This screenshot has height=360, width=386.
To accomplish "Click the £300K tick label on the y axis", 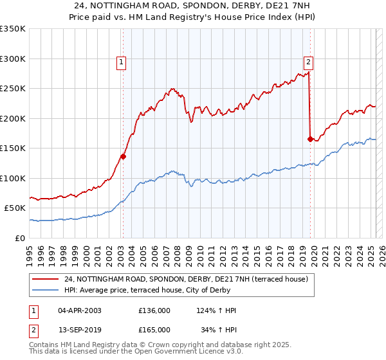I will click(13, 59).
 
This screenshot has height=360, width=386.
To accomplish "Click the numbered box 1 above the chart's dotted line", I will click(122, 62).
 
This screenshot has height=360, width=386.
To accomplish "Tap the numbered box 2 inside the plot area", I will click(309, 62).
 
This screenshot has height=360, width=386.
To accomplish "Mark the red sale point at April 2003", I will click(124, 156).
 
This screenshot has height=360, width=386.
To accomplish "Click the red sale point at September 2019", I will click(310, 139).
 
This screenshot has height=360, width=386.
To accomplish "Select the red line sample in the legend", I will click(46, 279).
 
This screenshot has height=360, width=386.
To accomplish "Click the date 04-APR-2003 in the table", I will click(80, 310).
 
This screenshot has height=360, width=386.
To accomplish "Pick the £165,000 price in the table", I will click(154, 330).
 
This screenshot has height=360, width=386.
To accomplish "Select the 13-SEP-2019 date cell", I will click(80, 330).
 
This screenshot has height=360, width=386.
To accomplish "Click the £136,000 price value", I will click(154, 310).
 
